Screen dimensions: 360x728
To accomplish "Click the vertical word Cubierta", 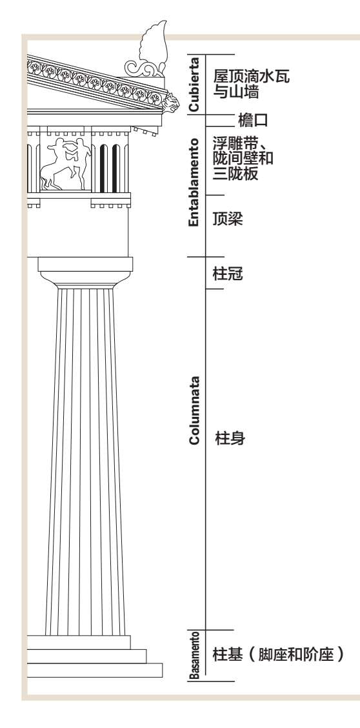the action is click(194, 84).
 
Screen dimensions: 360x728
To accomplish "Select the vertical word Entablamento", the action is click(194, 182).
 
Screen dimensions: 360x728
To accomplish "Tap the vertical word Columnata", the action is click(194, 410).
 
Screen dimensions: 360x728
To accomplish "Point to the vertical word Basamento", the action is click(195, 654).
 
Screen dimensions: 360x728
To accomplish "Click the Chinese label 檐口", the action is click(253, 121).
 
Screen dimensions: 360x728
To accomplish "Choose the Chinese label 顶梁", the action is click(227, 219).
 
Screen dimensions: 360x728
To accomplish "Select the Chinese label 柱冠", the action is click(227, 274).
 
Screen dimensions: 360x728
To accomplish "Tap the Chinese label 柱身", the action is click(230, 438).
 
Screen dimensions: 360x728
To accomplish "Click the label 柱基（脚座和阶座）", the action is click(278, 654).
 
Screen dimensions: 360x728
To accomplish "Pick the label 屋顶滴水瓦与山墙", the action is click(251, 84).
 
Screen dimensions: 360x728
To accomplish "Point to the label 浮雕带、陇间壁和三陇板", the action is click(243, 158).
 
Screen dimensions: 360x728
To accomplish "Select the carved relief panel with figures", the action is click(65, 163).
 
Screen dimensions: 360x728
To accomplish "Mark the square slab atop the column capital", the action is click(85, 264).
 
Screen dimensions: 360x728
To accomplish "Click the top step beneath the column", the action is click(79, 642).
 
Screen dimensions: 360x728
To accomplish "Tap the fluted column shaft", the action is click(85, 461).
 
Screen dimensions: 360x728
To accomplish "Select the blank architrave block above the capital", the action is click(77, 232).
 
